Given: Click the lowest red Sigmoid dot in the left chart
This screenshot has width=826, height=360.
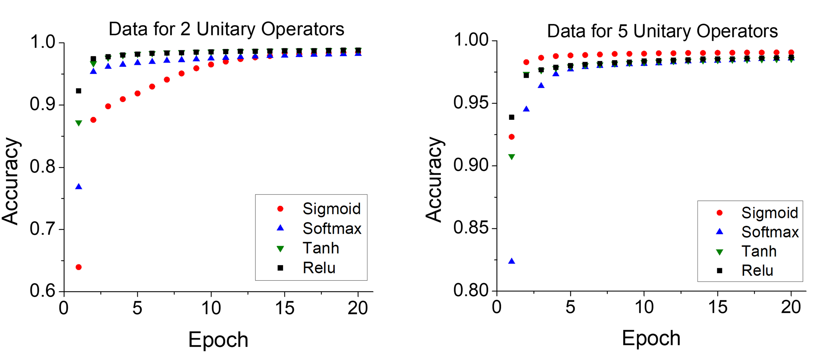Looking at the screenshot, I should point(79,267).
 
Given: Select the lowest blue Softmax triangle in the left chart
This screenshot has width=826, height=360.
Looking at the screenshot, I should point(79,187).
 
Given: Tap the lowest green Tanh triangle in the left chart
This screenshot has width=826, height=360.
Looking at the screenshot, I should point(79,123).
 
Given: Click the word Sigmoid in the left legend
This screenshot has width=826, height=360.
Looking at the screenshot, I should point(331,209).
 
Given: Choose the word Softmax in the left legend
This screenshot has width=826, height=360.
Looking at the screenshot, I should point(332,229).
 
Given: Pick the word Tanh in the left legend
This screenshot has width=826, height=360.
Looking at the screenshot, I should point(321,248).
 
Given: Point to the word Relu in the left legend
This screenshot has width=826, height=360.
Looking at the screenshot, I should point(319,268).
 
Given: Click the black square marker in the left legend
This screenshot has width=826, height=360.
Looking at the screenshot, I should point(280,268).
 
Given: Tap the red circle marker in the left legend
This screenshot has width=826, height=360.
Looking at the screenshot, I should point(280,209).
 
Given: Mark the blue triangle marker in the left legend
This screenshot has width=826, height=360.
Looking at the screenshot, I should point(280,228).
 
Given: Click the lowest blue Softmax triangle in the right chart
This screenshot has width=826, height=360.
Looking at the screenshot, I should point(511,261).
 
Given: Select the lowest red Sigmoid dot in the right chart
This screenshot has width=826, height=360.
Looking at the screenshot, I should point(511,137).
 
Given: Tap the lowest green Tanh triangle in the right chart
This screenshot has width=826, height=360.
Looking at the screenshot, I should point(511,157).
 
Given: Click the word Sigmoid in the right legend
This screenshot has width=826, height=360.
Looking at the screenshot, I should point(770,213).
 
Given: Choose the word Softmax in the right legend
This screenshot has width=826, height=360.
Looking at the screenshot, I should point(770,232).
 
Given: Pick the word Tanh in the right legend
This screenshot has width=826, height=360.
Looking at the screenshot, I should point(759,251).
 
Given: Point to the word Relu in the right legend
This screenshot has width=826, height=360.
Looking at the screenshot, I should point(757,271).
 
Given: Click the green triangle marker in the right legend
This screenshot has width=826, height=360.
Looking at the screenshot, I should point(719,252).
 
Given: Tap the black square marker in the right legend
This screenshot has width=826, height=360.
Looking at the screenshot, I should point(719,271).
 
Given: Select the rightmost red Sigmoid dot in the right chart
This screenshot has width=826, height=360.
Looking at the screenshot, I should point(791,52).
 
